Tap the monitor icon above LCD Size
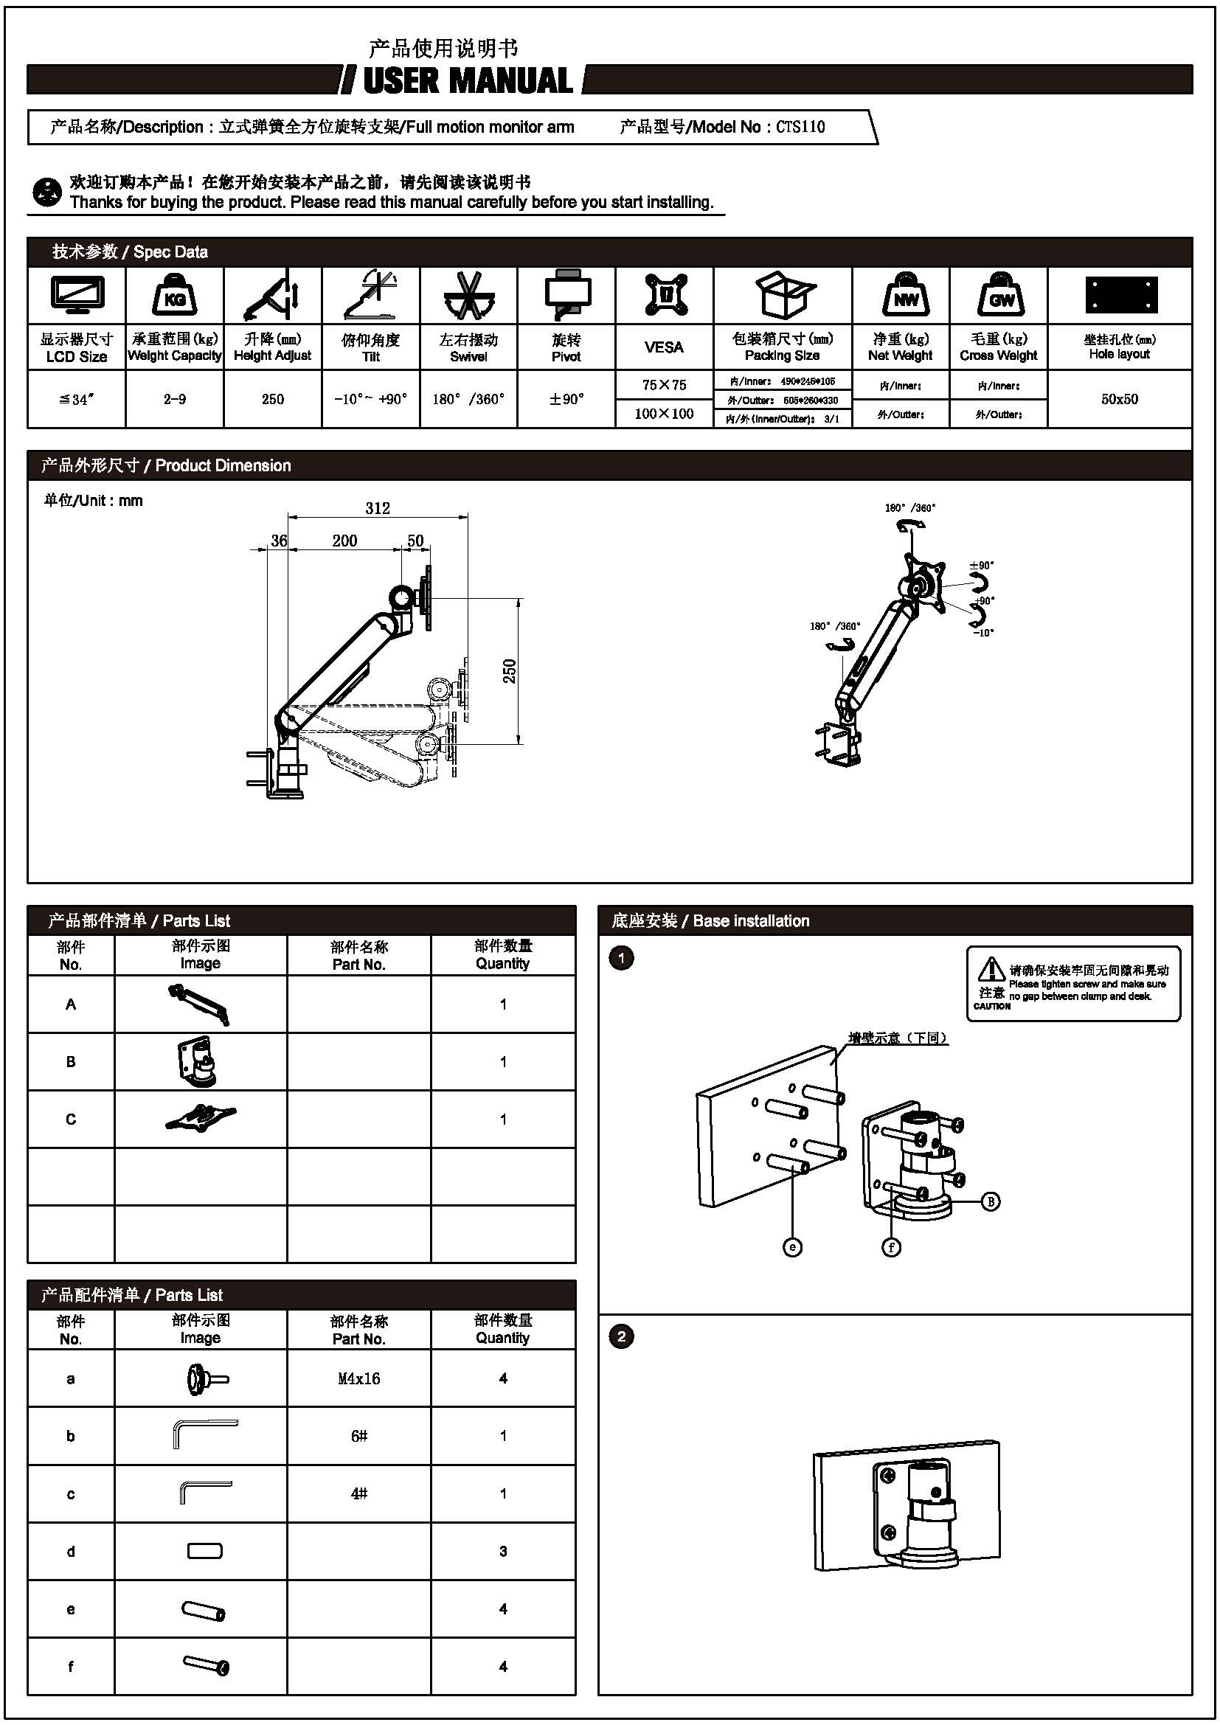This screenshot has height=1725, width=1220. coord(77,295)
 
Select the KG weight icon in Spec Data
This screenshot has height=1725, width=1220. coord(174,295)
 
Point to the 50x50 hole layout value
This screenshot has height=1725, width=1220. coord(1120,399)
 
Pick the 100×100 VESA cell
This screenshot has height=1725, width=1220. coord(664,413)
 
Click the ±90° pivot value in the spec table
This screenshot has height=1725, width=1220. coord(566,399)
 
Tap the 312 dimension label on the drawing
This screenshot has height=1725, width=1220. coord(378,508)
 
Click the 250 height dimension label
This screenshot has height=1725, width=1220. coord(510,671)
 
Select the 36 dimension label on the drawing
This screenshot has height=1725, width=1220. coord(279,540)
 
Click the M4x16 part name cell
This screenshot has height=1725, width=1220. coord(359,1378)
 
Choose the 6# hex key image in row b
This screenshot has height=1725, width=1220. coord(205,1434)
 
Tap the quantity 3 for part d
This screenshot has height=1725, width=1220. coord(503,1552)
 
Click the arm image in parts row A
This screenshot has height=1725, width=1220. coord(199,1004)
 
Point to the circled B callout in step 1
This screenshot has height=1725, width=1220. coord(990,1201)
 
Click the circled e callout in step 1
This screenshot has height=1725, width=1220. coord(792,1247)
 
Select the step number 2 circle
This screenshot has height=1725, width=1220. coord(621,1336)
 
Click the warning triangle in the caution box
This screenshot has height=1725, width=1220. coord(991,969)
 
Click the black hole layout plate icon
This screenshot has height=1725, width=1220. coord(1121,294)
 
